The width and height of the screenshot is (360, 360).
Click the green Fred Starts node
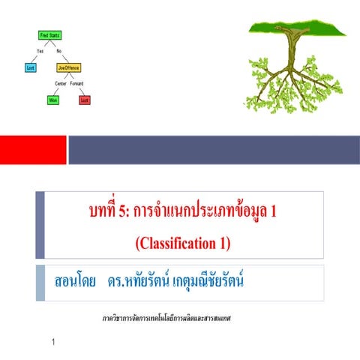pos(49,35)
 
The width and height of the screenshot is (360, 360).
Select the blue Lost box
pos(31,67)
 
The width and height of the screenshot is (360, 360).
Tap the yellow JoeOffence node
pos(68,67)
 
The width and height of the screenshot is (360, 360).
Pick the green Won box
pos(53,99)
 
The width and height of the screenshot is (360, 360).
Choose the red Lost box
pos(85,99)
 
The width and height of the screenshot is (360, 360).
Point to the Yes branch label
pos(40,51)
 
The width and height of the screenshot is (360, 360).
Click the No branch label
pos(59,51)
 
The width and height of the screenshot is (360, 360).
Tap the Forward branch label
pos(77,83)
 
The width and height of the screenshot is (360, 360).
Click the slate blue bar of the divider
pos(214,149)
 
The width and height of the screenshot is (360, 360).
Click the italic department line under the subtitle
pos(166,318)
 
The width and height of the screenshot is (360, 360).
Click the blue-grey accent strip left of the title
pos(40,224)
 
